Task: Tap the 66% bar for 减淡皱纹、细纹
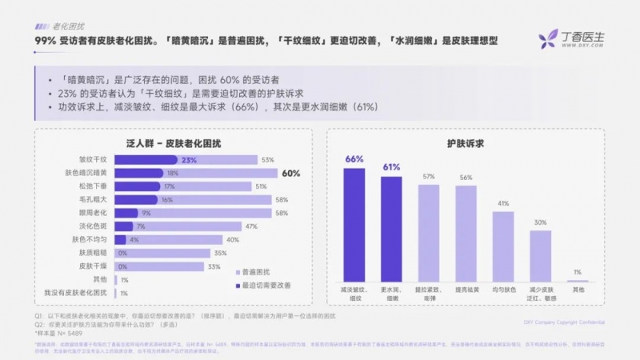[354, 224]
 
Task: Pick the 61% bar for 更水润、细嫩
[391, 228]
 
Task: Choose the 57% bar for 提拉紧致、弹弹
[429, 232]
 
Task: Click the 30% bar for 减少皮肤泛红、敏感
[541, 256]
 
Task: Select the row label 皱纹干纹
[92, 159]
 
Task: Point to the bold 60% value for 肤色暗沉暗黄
[291, 173]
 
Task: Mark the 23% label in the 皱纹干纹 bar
[189, 159]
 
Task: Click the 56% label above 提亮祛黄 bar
[466, 177]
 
